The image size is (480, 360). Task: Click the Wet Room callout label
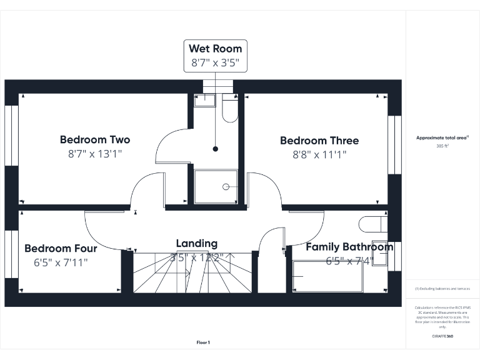click(x=215, y=49)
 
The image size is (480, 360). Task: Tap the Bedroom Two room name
click(x=95, y=139)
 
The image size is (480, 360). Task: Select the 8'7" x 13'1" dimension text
click(x=95, y=154)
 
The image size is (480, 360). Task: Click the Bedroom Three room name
click(x=319, y=141)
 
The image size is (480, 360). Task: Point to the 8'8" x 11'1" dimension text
click(x=319, y=155)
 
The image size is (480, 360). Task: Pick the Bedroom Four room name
click(x=61, y=248)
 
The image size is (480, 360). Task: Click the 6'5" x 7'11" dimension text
click(x=61, y=262)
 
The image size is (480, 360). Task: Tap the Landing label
click(x=197, y=243)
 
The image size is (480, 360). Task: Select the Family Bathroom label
click(x=349, y=247)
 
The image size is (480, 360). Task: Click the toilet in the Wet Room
click(x=229, y=109)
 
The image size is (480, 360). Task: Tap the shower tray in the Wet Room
click(x=216, y=186)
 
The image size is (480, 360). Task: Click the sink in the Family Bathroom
click(x=380, y=253)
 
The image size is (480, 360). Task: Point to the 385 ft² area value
click(x=442, y=146)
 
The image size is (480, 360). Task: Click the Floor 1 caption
click(x=203, y=342)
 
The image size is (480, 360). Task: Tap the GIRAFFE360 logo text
click(x=442, y=336)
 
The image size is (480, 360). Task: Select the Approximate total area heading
click(x=442, y=137)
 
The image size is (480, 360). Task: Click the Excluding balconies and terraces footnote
click(x=442, y=289)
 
